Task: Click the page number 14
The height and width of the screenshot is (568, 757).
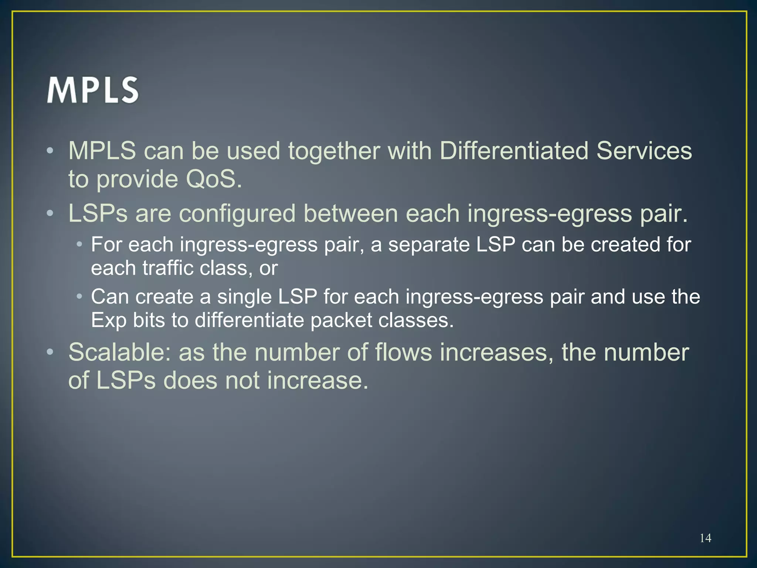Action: pos(705,538)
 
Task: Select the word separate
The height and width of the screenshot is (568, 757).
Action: pos(428,245)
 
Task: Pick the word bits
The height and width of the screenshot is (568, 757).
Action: pos(149,320)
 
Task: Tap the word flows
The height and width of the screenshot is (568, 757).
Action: pos(403,352)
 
